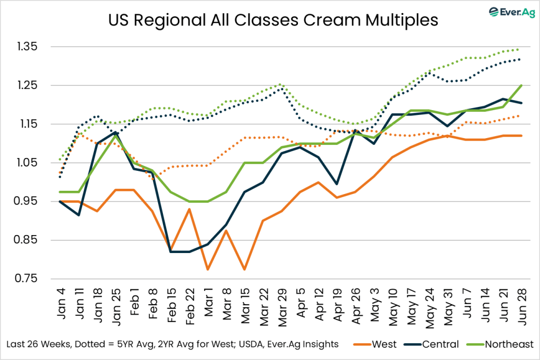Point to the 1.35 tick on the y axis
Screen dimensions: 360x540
[x=32, y=46]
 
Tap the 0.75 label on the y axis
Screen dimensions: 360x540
[x=32, y=279]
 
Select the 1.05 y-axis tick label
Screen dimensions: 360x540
[x=32, y=162]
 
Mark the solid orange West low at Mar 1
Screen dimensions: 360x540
[x=208, y=269]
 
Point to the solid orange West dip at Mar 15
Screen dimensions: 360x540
[x=245, y=269]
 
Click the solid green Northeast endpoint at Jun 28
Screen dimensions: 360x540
[x=521, y=85]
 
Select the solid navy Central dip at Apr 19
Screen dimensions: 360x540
[x=337, y=184]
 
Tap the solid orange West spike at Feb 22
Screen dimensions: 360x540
[x=189, y=209]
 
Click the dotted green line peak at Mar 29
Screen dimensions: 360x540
[x=282, y=84]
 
